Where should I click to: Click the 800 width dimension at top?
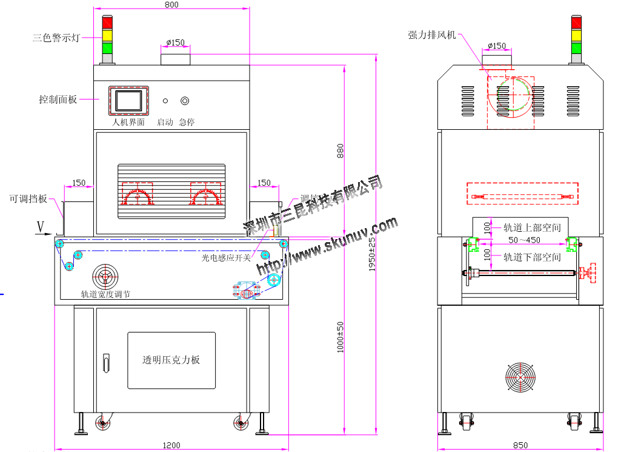[x=171, y=5]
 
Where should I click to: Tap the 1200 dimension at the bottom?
[x=171, y=445]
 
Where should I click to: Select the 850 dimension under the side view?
[x=520, y=445]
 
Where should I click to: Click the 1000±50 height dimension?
[x=340, y=337]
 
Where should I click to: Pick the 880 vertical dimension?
[x=340, y=151]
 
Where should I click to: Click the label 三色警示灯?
[x=56, y=38]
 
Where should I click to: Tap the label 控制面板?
[x=58, y=99]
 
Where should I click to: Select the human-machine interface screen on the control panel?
[x=129, y=100]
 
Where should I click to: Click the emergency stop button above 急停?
[x=185, y=101]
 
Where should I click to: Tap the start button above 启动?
[x=165, y=101]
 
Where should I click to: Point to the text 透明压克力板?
[x=171, y=360]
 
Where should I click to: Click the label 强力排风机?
[x=432, y=35]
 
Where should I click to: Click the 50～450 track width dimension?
[x=524, y=240]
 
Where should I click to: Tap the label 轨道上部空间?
[x=532, y=228]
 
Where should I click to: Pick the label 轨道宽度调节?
[x=105, y=294]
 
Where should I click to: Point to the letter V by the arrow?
[x=41, y=227]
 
